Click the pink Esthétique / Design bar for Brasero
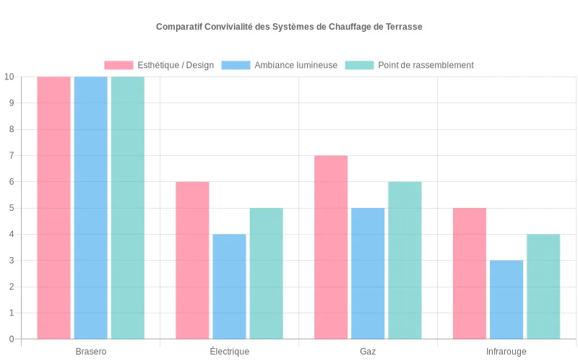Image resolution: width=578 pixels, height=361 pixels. pos(53,207)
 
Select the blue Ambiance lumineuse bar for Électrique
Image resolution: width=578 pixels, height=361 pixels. pos(229,286)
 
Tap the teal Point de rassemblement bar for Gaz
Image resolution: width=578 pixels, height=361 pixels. pos(405,260)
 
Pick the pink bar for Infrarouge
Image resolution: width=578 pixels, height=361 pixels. pos(470,273)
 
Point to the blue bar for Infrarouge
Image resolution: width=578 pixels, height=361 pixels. pos(506,299)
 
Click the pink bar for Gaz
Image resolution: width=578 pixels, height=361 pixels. pos(331,247)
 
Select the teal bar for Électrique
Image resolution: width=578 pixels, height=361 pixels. pos(266,273)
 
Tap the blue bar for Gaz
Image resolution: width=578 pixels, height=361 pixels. pos(368,273)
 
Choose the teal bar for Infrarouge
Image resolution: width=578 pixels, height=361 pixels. pos(543,286)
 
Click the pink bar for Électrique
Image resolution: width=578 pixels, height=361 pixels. pos(192,260)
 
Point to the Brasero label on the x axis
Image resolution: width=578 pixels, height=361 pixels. pos(91,352)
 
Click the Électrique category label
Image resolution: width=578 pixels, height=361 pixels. pos(229,352)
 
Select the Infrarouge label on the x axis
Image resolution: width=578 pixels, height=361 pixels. pos(506,352)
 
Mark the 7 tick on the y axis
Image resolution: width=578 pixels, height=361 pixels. pos(11,156)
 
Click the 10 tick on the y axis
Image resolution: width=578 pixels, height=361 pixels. pos(9,77)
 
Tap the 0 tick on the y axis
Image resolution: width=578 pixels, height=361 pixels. pos(11,339)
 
